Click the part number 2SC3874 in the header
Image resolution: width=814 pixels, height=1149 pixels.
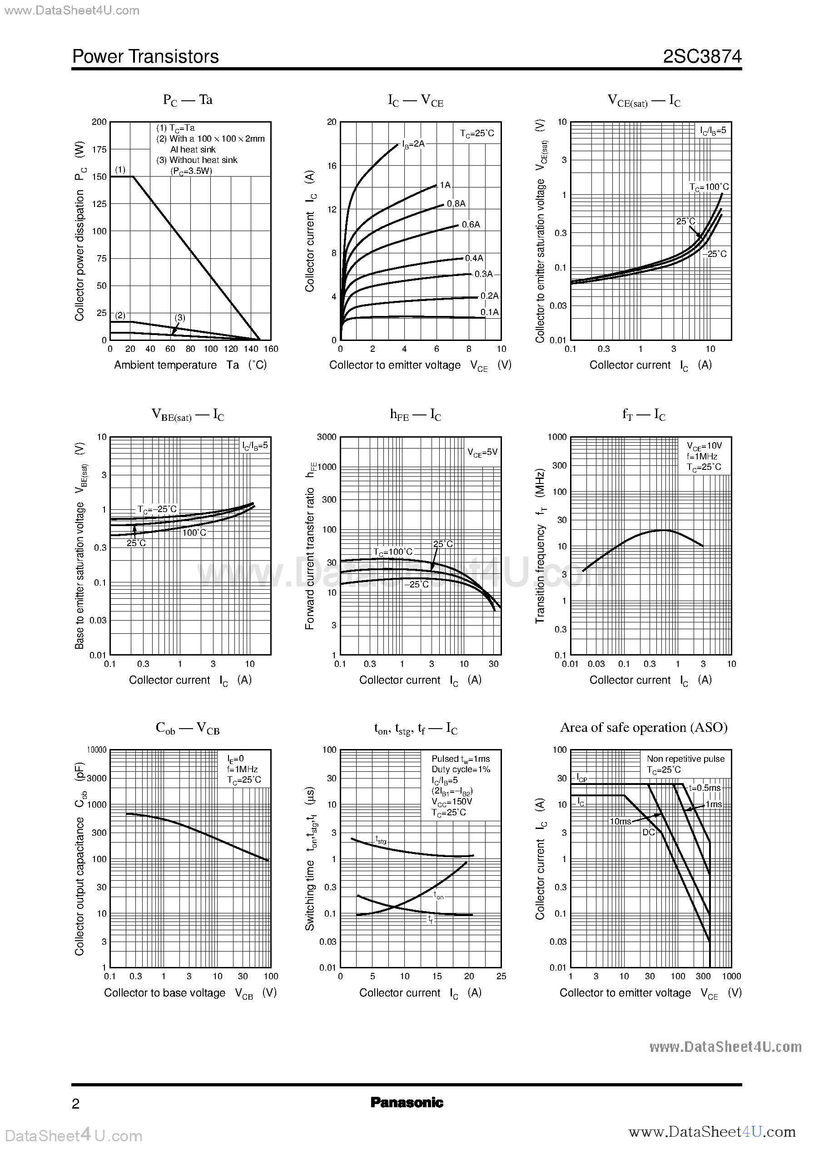[x=702, y=57]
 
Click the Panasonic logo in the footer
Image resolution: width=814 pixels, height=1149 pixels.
[x=407, y=1102]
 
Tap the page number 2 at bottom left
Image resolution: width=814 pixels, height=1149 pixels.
[x=76, y=1104]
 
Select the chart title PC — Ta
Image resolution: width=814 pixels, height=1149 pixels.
[x=188, y=100]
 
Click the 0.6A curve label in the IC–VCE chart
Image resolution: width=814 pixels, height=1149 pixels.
[x=471, y=224]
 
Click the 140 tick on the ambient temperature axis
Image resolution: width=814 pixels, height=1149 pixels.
[x=251, y=349]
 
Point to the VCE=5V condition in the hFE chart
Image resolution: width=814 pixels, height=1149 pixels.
[x=482, y=452]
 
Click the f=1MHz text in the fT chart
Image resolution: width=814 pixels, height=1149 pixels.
[x=702, y=456]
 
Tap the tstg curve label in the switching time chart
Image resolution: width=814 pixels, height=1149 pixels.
[x=381, y=839]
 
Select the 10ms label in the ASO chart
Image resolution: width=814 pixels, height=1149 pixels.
[x=620, y=821]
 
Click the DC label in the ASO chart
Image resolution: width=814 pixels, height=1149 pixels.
[x=649, y=832]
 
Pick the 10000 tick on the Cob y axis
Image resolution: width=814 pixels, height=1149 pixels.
[x=97, y=750]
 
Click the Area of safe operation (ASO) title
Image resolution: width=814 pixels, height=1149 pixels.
[x=644, y=727]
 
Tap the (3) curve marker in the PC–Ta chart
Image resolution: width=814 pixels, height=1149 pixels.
[x=180, y=318]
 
